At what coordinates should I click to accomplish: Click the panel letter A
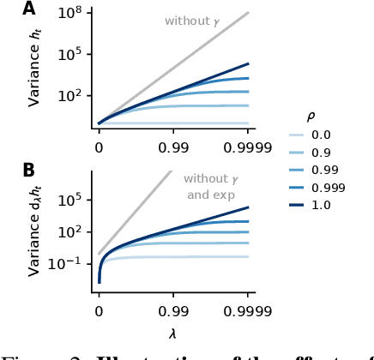coord(29,9)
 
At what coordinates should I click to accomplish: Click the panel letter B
coord(29,170)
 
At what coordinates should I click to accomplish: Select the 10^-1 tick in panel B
coord(69,263)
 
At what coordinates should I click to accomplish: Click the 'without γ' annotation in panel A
coord(192,21)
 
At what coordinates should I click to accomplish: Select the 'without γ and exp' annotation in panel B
coord(210,187)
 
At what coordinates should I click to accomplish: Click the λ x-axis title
coord(173,330)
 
